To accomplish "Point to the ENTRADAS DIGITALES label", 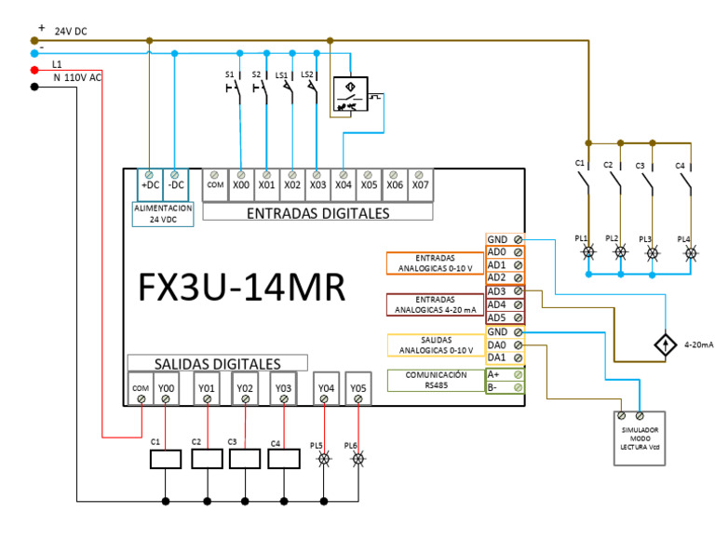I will point(317,213).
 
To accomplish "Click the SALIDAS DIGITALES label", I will point(217,363).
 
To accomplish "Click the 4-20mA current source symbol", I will point(664,344).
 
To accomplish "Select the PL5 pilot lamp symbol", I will point(324,459).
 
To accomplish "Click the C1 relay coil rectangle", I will point(165,458).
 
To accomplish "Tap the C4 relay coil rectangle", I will point(283,458).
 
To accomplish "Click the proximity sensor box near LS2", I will point(350,95).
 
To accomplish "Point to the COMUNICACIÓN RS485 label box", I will point(436,380).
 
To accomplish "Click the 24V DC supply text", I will point(71,31).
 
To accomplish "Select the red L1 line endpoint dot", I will point(34,70).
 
